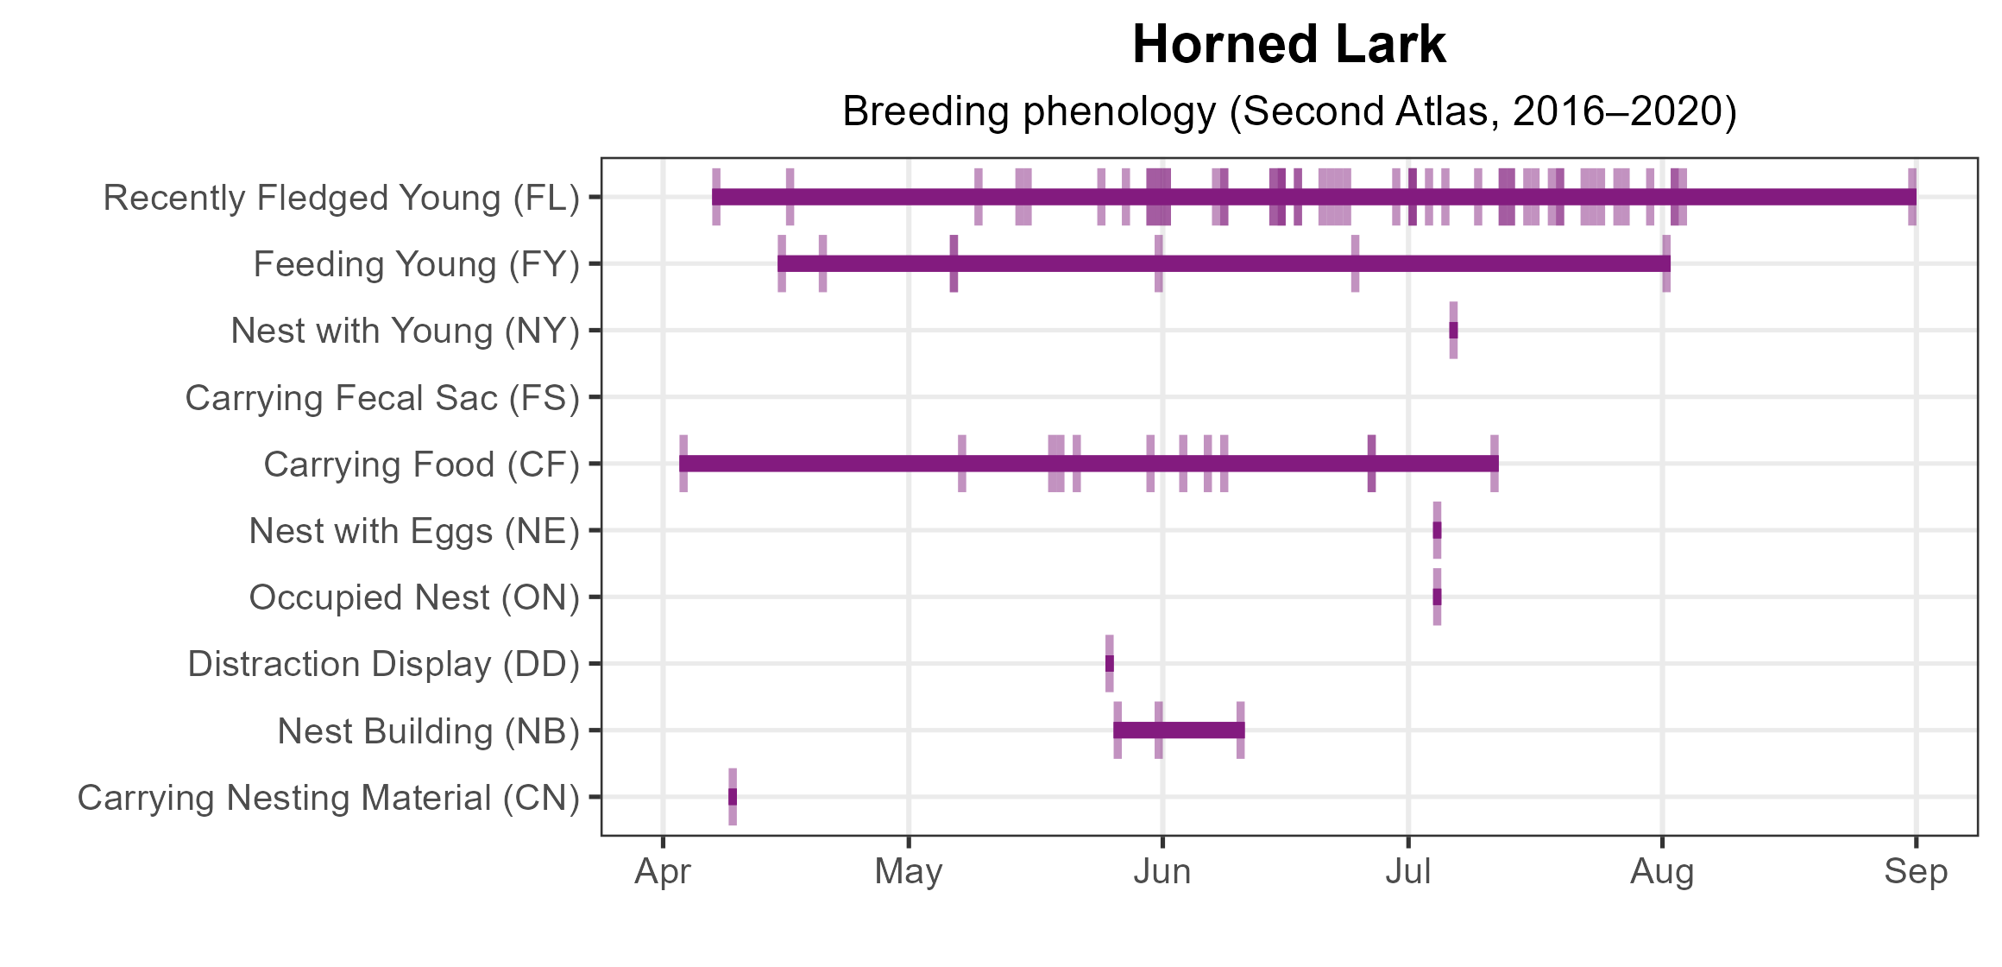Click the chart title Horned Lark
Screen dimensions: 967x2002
(1288, 45)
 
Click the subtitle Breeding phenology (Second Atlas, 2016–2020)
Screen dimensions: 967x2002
(1288, 111)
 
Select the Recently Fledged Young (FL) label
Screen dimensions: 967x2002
(341, 198)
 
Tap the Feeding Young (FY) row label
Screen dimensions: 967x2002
(416, 264)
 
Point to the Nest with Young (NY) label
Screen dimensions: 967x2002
(405, 331)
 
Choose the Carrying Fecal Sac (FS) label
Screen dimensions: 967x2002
(382, 398)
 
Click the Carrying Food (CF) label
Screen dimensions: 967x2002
(421, 465)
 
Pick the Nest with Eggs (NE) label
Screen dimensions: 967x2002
(414, 531)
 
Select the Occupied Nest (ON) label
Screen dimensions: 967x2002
(414, 597)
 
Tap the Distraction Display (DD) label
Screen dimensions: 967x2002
(383, 664)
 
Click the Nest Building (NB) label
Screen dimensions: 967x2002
(428, 731)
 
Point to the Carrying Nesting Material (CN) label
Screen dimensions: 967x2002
(328, 798)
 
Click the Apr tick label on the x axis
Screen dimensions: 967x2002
(663, 872)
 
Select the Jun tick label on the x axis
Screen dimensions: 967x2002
(1162, 872)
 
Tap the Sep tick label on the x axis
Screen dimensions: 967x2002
(1916, 872)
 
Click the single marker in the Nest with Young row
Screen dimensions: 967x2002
(1453, 330)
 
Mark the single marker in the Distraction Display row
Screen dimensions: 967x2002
(1110, 663)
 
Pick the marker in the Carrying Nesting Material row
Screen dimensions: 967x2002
(733, 797)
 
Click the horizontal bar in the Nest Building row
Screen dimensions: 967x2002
(1179, 730)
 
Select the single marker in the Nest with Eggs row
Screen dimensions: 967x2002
(1437, 530)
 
